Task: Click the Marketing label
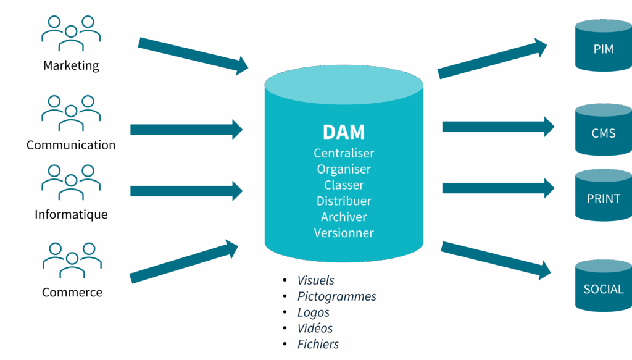click(x=71, y=65)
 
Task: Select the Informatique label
click(x=71, y=215)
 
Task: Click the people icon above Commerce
click(x=72, y=259)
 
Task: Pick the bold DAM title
click(x=344, y=132)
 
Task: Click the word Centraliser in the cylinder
click(x=344, y=153)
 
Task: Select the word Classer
click(x=344, y=185)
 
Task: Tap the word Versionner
click(x=344, y=233)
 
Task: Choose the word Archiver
click(x=344, y=217)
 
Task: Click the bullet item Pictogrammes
click(x=336, y=297)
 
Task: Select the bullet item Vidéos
click(x=315, y=329)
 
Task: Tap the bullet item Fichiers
click(x=318, y=345)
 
